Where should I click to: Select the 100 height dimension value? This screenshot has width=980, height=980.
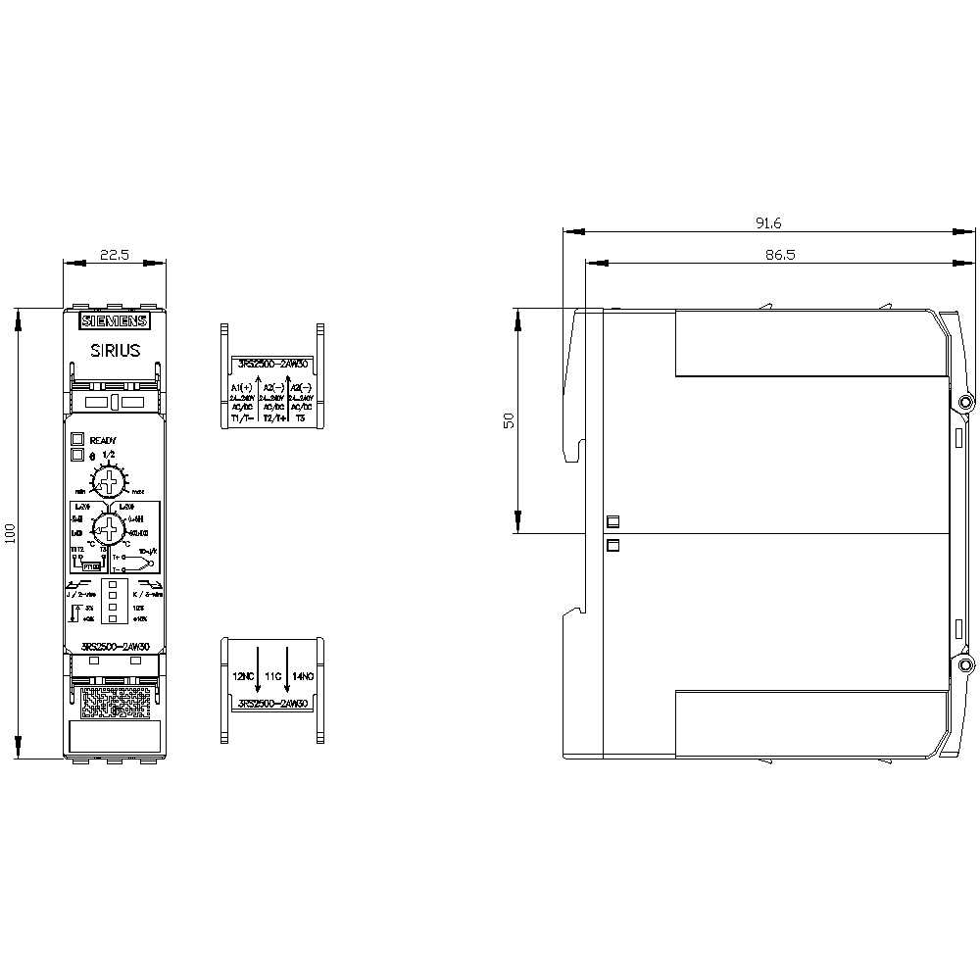11,534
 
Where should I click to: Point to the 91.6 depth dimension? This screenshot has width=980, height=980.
767,223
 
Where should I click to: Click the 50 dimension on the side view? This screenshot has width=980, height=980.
509,421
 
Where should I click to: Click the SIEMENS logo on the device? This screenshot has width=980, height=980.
114,321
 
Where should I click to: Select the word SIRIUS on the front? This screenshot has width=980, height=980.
115,350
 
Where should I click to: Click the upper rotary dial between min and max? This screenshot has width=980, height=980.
109,481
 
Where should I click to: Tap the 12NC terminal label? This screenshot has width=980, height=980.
243,677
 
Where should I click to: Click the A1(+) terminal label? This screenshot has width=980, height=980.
242,389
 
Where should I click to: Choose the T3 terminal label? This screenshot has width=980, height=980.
301,417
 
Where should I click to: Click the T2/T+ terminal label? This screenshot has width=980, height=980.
273,417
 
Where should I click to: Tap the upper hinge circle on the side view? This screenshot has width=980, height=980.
965,403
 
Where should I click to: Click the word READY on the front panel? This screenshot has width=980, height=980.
103,440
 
